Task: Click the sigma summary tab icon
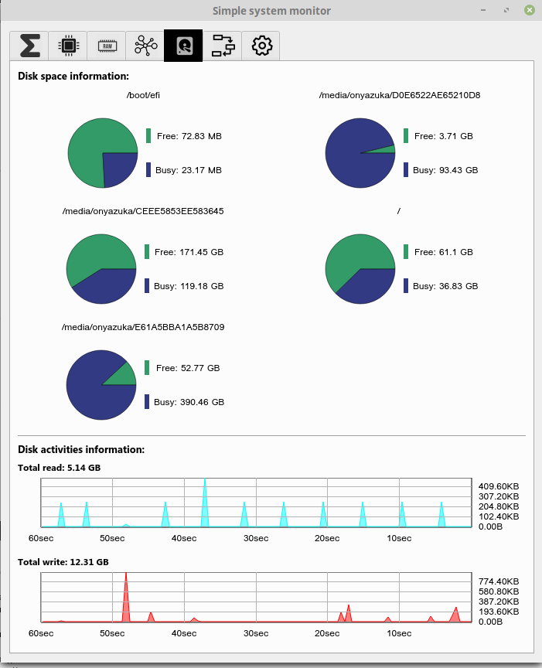click(x=30, y=46)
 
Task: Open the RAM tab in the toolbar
click(x=107, y=46)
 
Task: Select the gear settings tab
click(x=261, y=46)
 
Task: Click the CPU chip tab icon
click(x=69, y=46)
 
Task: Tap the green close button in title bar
click(x=529, y=10)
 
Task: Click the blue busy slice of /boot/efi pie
click(x=118, y=168)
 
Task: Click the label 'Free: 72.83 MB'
click(x=189, y=136)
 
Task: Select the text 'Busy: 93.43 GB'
click(x=445, y=170)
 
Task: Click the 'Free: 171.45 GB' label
click(x=189, y=252)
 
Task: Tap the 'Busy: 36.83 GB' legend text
click(x=445, y=286)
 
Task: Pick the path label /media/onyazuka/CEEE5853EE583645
click(x=143, y=211)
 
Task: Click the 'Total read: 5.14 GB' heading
click(x=60, y=468)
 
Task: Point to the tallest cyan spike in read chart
click(x=205, y=503)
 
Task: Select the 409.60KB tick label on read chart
click(x=499, y=486)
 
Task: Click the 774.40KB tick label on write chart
click(x=499, y=581)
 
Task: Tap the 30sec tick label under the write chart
click(x=256, y=633)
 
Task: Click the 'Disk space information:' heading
click(x=73, y=77)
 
